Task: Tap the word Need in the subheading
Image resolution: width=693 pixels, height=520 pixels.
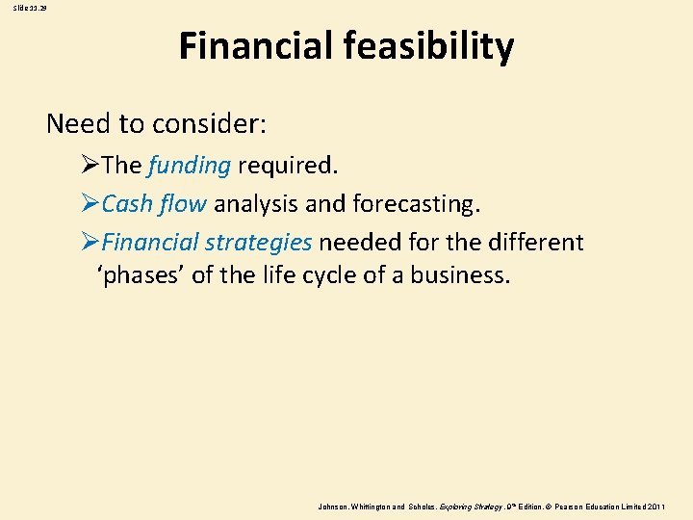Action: click(77, 124)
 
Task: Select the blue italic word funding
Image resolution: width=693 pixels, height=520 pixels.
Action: click(190, 166)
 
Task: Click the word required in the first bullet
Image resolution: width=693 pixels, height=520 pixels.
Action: click(286, 166)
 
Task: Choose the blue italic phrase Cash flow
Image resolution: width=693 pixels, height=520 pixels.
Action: click(154, 204)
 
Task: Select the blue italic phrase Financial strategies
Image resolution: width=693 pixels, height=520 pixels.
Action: click(206, 242)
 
